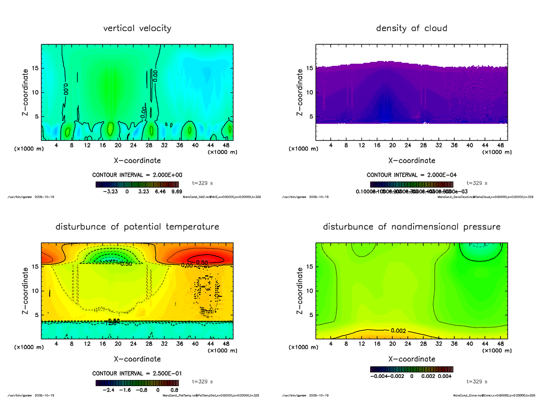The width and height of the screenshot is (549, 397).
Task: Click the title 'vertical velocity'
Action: pyautogui.click(x=137, y=28)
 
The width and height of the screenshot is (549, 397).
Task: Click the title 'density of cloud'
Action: pyautogui.click(x=411, y=28)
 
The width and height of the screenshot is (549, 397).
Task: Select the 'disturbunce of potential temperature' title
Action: pyautogui.click(x=137, y=227)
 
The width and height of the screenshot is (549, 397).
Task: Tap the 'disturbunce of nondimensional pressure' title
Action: pyautogui.click(x=411, y=227)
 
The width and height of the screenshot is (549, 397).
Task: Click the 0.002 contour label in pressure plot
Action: pyautogui.click(x=398, y=330)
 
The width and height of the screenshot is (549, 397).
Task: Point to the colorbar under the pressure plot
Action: pyautogui.click(x=411, y=369)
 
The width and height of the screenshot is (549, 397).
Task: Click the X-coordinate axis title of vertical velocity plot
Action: pyautogui.click(x=137, y=161)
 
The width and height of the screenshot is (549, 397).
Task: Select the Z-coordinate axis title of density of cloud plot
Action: pyautogui.click(x=300, y=92)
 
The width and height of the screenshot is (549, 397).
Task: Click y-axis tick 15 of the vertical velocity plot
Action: pyautogui.click(x=35, y=68)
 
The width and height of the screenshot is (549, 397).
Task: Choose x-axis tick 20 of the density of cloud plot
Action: pyautogui.click(x=392, y=145)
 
